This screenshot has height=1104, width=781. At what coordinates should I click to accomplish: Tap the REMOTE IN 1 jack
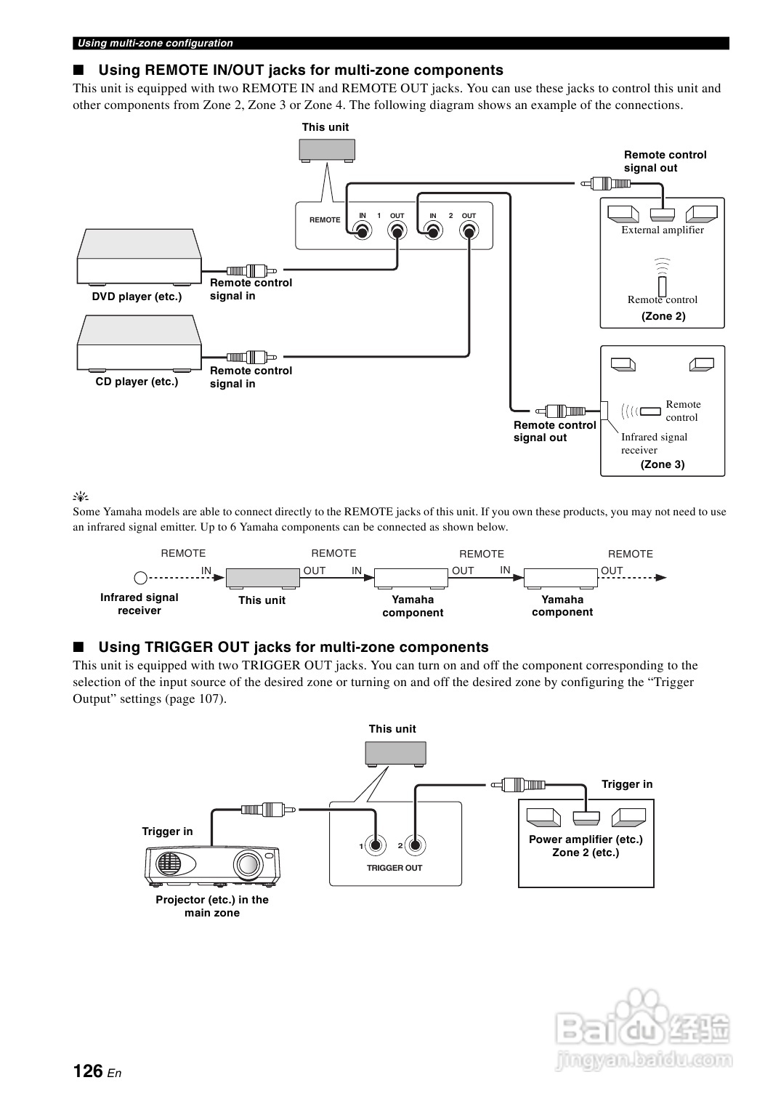(x=362, y=232)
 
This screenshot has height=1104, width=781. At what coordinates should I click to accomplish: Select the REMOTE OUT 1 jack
(x=397, y=232)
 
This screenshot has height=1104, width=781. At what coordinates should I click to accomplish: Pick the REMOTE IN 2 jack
(x=433, y=232)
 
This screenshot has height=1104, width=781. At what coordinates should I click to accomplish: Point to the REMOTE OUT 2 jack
(x=469, y=232)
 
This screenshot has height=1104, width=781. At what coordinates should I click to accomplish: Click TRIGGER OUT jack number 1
(x=376, y=845)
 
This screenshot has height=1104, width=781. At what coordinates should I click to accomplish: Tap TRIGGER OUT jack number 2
(x=414, y=845)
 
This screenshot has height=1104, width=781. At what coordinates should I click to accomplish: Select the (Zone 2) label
(x=663, y=316)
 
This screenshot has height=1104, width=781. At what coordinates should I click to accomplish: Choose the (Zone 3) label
(x=663, y=464)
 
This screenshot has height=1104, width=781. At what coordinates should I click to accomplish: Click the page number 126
(x=88, y=1071)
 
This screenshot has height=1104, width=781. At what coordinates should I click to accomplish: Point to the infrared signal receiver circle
(x=141, y=578)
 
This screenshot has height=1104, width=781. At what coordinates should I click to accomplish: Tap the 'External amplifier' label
(x=663, y=230)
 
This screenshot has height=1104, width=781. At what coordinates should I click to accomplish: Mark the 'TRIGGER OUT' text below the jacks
(x=394, y=868)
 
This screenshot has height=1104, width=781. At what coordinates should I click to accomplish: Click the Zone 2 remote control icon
(x=663, y=286)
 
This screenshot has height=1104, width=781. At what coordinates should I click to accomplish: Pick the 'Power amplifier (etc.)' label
(x=586, y=839)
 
